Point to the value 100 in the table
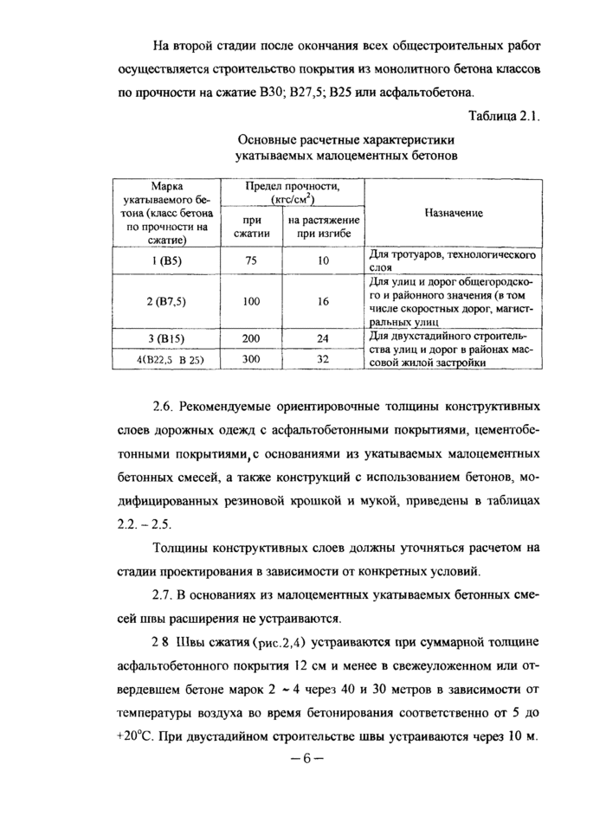(252, 301)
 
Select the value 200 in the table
(252, 338)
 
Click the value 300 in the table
(252, 357)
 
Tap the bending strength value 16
(324, 301)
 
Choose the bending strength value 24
(324, 338)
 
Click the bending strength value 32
(324, 357)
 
